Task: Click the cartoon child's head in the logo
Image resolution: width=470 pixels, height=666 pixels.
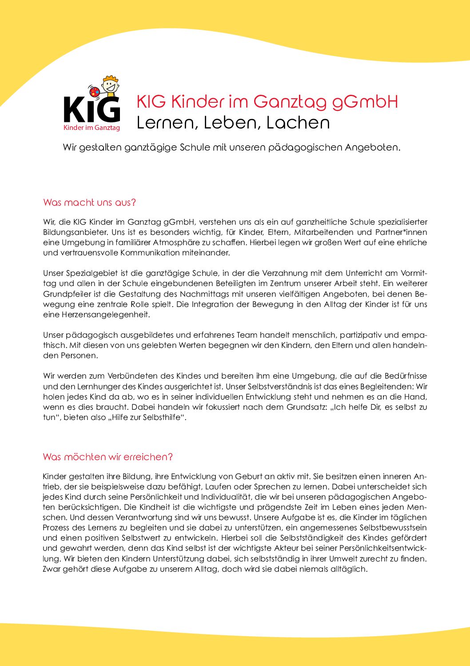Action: (x=110, y=83)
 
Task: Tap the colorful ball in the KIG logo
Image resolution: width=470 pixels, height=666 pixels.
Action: (x=95, y=92)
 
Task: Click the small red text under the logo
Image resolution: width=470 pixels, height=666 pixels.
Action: (x=92, y=128)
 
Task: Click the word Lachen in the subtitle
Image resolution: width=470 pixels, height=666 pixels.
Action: (x=298, y=123)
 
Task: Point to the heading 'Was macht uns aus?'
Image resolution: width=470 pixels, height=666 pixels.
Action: (x=89, y=202)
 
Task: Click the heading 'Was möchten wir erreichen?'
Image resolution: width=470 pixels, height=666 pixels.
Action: (x=108, y=457)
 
